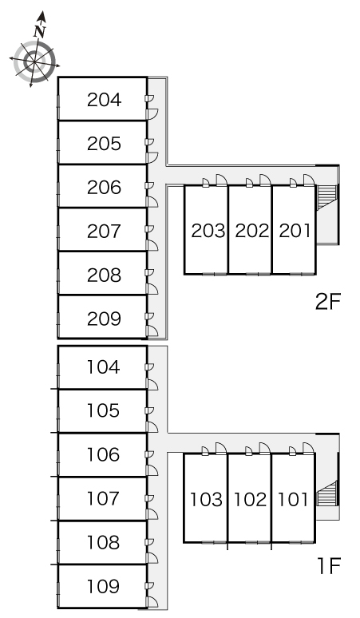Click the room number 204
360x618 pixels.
(x=104, y=100)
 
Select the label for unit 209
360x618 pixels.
(x=104, y=319)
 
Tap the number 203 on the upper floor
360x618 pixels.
(x=208, y=231)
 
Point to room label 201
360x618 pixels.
(x=295, y=231)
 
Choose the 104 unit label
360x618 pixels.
(x=103, y=367)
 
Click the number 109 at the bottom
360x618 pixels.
(x=103, y=586)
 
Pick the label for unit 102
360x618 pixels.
(x=250, y=499)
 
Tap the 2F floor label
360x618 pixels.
(x=327, y=302)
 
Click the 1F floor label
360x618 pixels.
(x=329, y=566)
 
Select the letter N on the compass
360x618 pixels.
(x=40, y=31)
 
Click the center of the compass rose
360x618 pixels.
(x=34, y=61)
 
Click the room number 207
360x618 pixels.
(x=104, y=231)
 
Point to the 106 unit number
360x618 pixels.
(x=103, y=454)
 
